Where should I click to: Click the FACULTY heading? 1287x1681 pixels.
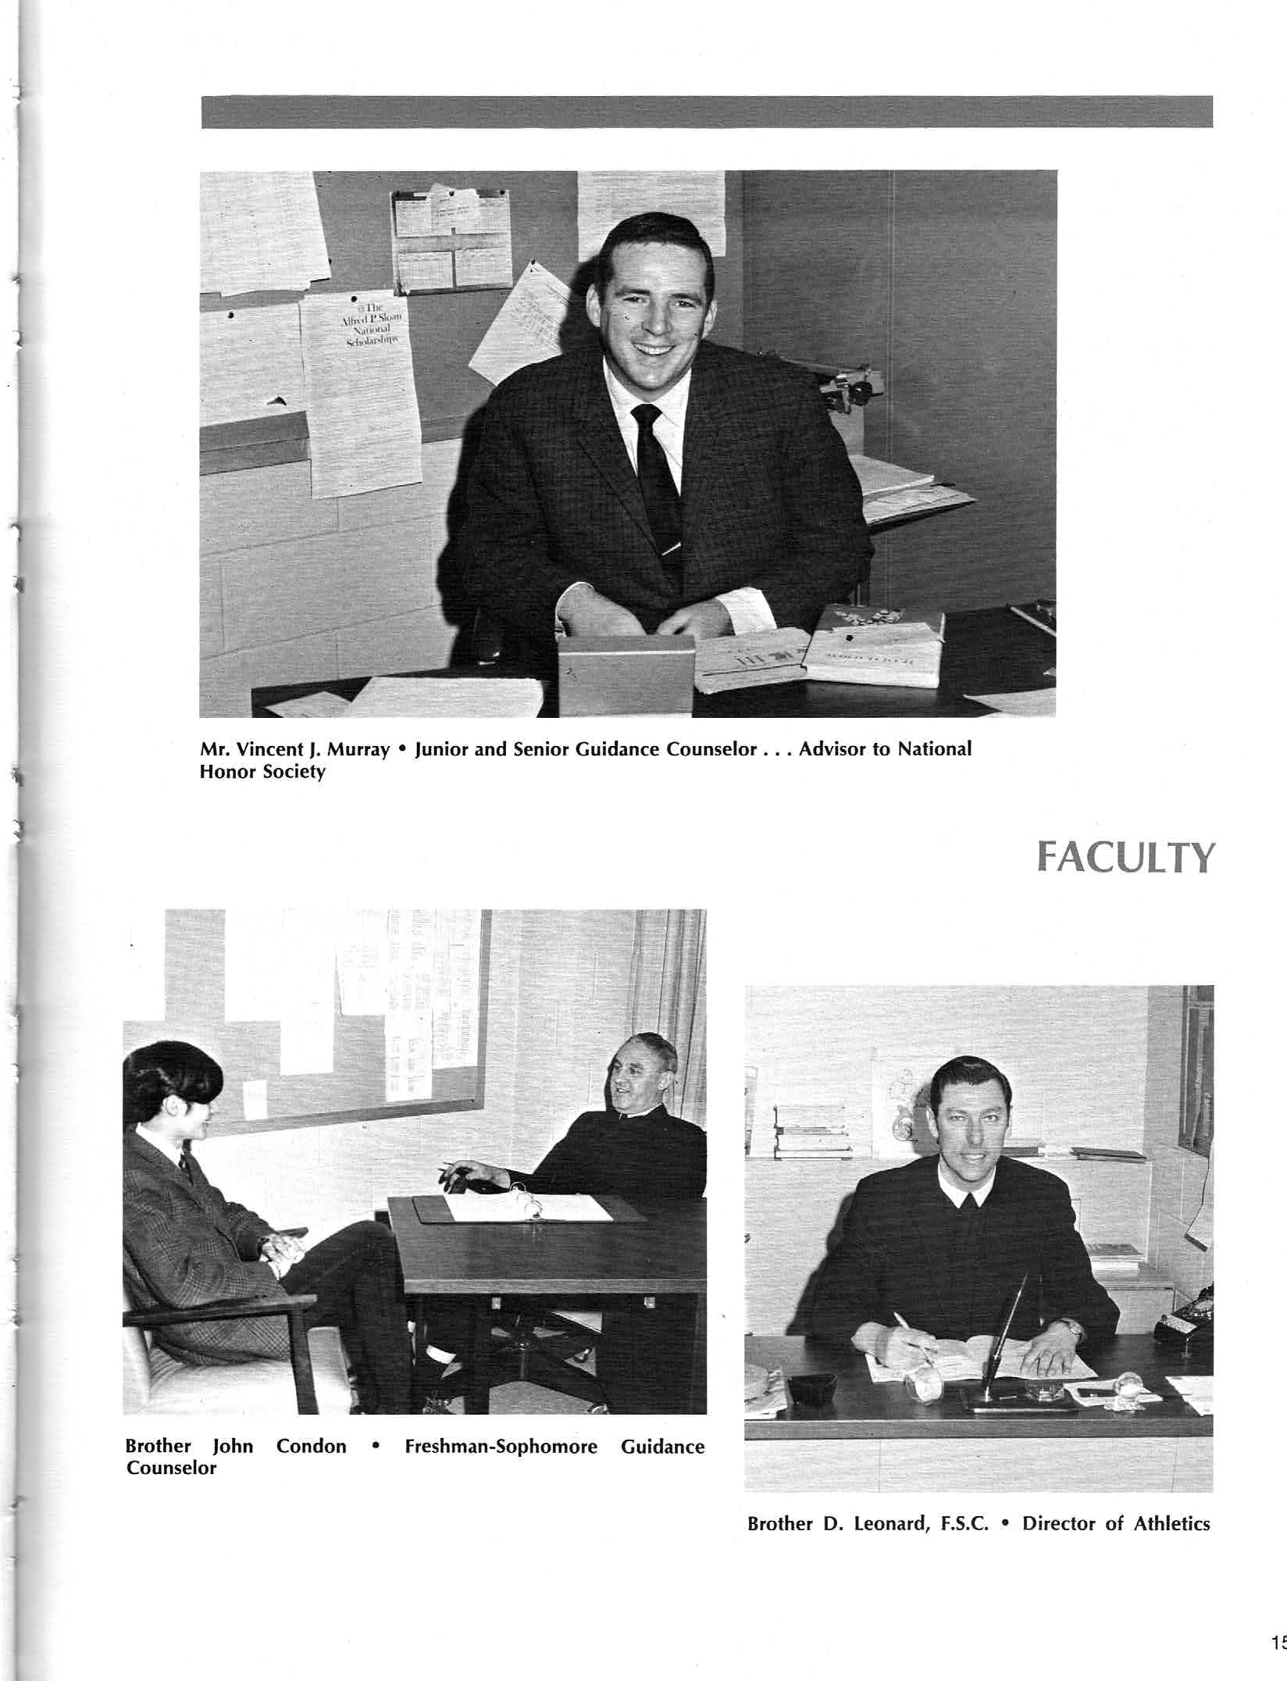pyautogui.click(x=1125, y=858)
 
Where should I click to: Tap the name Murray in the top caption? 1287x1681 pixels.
pyautogui.click(x=357, y=750)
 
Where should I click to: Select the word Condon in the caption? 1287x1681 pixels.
pyautogui.click(x=311, y=1447)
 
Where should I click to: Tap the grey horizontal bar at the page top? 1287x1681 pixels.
pyautogui.click(x=707, y=112)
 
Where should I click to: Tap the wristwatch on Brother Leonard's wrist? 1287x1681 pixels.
pyautogui.click(x=1075, y=1326)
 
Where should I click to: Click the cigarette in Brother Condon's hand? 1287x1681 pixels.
pyautogui.click(x=449, y=1169)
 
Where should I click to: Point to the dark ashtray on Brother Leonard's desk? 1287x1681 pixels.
pyautogui.click(x=812, y=1387)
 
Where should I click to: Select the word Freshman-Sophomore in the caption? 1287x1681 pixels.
pyautogui.click(x=501, y=1447)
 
